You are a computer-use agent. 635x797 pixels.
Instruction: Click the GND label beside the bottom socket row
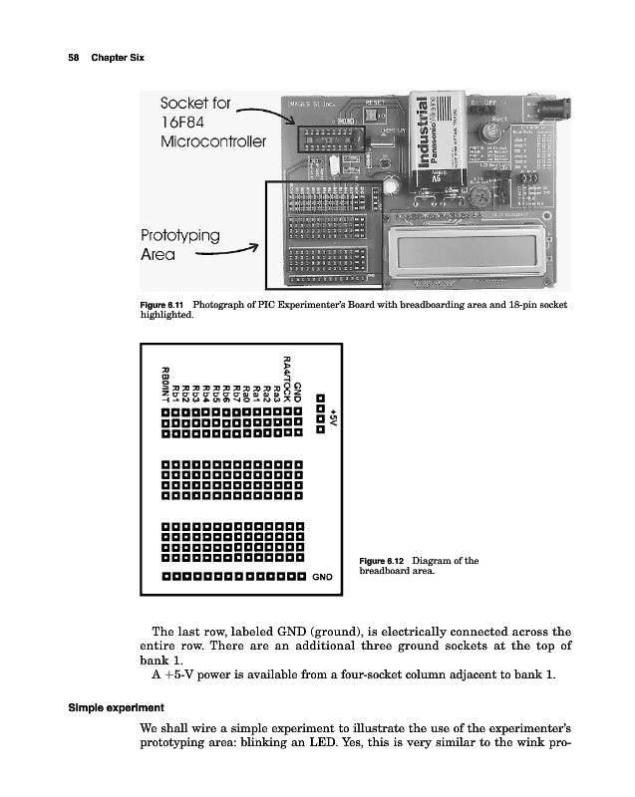pyautogui.click(x=322, y=577)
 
